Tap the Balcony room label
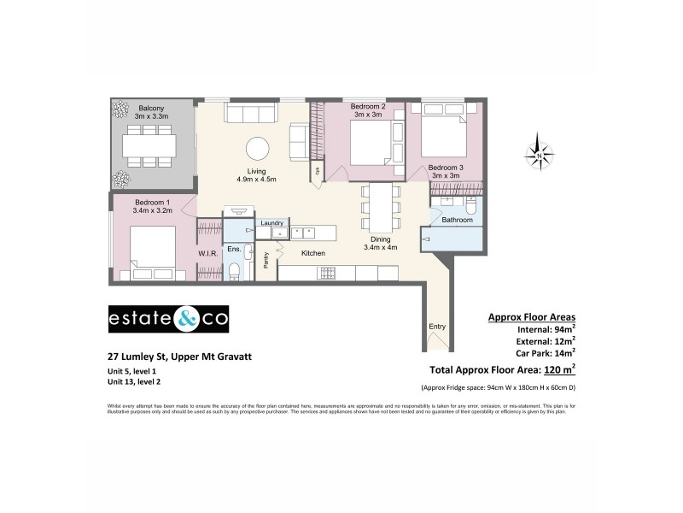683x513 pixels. (153, 109)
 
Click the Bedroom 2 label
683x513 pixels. (371, 108)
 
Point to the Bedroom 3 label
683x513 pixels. (446, 168)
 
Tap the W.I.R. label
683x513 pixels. (209, 254)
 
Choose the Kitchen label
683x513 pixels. (313, 253)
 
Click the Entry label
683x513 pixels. (436, 327)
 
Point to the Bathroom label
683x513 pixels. (457, 220)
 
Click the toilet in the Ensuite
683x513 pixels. (234, 272)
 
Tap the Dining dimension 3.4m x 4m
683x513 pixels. (381, 248)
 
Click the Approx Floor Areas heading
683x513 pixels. (531, 316)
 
